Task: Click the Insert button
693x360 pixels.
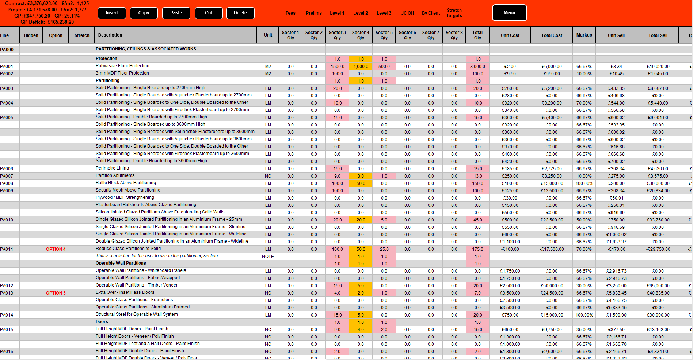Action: [112, 13]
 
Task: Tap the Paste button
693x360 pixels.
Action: [176, 13]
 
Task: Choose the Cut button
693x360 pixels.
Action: [209, 13]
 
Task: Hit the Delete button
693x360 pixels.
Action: [240, 13]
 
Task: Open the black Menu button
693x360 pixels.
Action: [509, 13]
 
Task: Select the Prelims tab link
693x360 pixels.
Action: [314, 13]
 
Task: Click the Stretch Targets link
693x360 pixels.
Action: [454, 13]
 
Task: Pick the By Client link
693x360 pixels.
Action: [431, 13]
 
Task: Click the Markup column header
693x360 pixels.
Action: [584, 35]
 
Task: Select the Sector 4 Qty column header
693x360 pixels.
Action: [361, 35]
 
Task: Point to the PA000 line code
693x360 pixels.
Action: [7, 50]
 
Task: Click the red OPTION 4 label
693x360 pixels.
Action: [56, 249]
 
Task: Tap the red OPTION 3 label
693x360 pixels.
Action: [56, 293]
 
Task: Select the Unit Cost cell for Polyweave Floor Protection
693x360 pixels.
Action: [510, 67]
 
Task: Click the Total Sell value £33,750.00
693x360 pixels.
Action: [658, 220]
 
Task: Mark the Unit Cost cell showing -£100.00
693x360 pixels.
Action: [510, 249]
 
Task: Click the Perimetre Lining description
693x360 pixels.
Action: [112, 168]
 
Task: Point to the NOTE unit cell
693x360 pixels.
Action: [268, 257]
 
